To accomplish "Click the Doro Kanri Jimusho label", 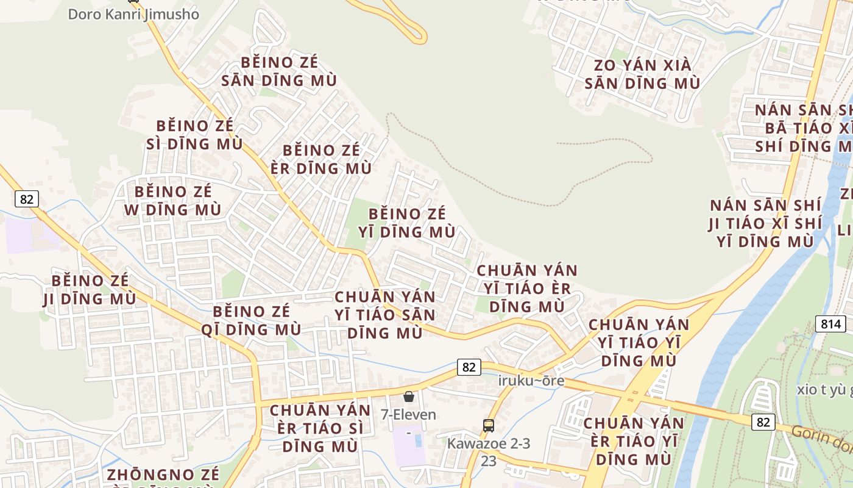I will coord(133,14).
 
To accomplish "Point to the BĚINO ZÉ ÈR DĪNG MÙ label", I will coord(321,159).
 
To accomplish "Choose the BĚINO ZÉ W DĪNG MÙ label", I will coord(173,201).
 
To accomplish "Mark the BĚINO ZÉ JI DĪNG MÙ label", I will coord(90,290).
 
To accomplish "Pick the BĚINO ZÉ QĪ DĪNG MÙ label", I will coord(252,320).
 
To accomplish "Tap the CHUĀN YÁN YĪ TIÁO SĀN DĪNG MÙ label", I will coord(385,315).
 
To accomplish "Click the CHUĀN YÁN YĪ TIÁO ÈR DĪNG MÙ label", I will coord(527,288).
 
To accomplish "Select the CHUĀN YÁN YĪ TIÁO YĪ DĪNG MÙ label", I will coord(639,342).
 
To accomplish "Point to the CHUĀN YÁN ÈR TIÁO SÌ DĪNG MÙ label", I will coord(320,428).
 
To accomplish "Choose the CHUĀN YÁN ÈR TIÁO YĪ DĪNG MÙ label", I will coord(634,441).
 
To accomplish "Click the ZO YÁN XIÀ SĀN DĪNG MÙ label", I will coord(642,74).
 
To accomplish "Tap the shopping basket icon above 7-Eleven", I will coord(409,396).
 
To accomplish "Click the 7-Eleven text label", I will coord(408,415).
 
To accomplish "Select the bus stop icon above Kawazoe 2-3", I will coord(488,426).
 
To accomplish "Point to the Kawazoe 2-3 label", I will coord(489,443).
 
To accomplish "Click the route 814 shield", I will coord(830,324).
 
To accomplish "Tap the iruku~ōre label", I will coord(531,381).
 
